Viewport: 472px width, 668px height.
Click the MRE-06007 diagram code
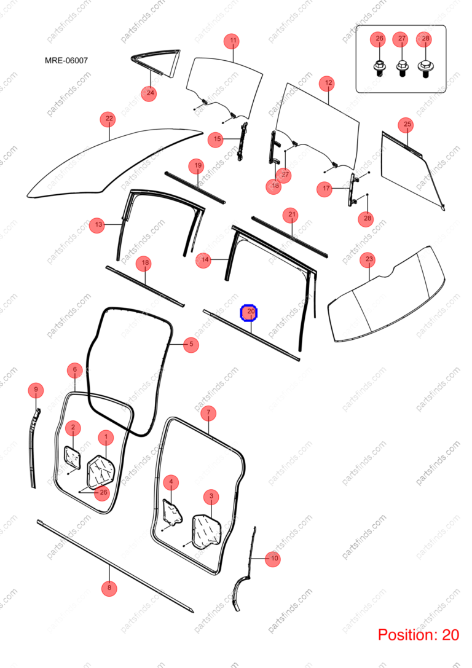[x=66, y=60]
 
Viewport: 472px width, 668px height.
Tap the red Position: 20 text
[x=419, y=635]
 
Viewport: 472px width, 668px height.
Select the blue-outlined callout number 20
[x=249, y=313]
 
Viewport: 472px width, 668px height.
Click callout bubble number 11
[x=232, y=41]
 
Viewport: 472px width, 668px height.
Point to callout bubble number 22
[x=109, y=119]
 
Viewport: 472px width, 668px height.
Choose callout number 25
[x=407, y=124]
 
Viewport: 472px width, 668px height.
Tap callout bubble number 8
[x=109, y=588]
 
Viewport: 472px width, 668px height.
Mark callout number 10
[x=273, y=558]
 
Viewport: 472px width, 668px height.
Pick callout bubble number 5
[x=191, y=344]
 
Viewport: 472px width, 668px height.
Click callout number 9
[x=36, y=390]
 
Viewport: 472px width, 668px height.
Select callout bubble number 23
[x=369, y=259]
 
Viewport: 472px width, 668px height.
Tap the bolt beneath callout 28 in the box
[x=425, y=69]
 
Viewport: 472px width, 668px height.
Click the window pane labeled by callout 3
[x=207, y=531]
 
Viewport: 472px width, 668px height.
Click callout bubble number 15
[x=217, y=139]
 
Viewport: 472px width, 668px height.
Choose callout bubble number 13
[x=98, y=225]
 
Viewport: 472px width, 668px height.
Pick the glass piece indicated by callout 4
[x=173, y=511]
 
